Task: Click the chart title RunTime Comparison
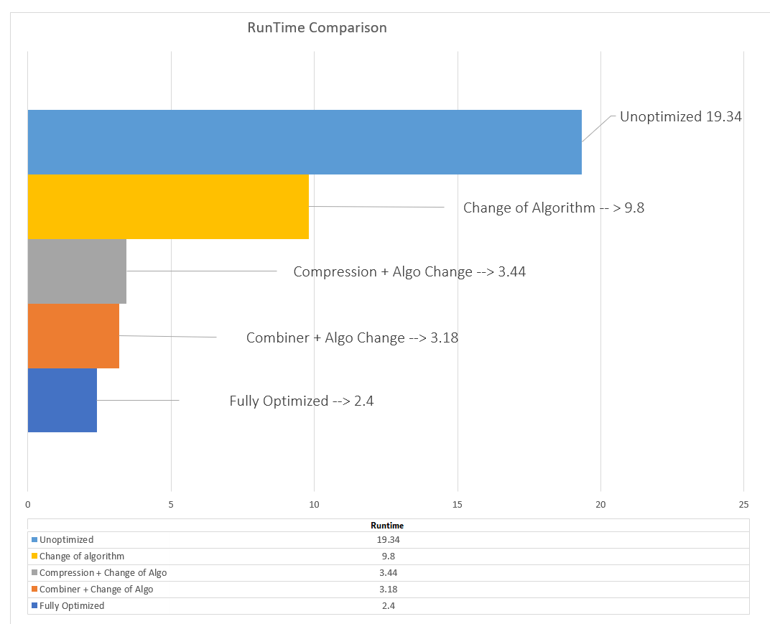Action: click(317, 28)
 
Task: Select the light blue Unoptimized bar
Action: click(305, 142)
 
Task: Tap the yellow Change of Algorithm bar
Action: click(168, 207)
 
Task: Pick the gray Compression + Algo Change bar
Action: click(77, 271)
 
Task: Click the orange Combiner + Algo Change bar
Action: click(73, 336)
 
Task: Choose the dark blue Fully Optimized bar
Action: click(62, 400)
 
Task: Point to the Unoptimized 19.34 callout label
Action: click(680, 116)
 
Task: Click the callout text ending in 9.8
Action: click(553, 208)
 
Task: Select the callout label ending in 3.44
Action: click(409, 272)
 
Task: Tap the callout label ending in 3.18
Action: click(352, 337)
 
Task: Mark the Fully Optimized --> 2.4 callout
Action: click(302, 401)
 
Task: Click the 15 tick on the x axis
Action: click(458, 504)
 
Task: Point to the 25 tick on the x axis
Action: click(743, 504)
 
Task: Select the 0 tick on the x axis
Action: click(28, 504)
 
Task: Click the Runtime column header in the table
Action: click(387, 526)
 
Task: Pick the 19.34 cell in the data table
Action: click(387, 539)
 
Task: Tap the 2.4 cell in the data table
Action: click(387, 605)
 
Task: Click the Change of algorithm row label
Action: click(82, 556)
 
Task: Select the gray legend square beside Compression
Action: click(34, 573)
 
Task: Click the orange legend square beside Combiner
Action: click(34, 590)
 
